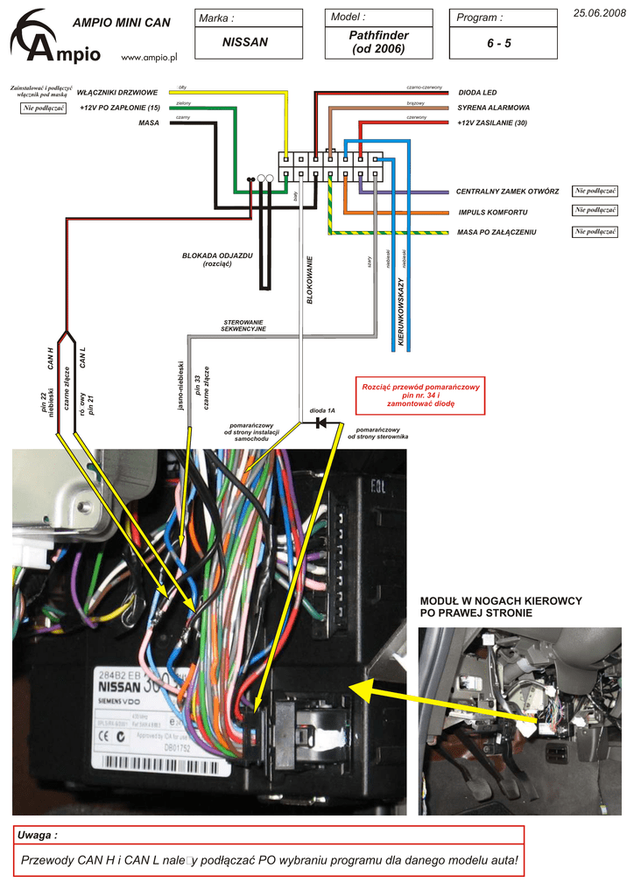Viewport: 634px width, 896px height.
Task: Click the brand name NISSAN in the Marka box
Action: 244,42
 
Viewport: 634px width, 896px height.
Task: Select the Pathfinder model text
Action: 378,35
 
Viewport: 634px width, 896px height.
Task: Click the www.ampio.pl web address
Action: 149,57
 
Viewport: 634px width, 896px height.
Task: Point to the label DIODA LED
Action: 477,93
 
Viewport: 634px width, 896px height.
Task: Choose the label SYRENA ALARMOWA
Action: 493,108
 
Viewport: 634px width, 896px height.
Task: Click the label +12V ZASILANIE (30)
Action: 492,123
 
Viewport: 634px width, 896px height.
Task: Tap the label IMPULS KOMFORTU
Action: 492,213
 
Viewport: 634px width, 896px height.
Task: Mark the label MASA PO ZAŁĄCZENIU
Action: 497,233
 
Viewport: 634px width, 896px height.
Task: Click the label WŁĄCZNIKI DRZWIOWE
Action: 117,92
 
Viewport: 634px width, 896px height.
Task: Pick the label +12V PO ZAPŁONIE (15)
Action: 119,108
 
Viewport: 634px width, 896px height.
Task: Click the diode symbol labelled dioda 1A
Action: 321,423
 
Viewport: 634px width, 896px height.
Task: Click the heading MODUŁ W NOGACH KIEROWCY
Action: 501,601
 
